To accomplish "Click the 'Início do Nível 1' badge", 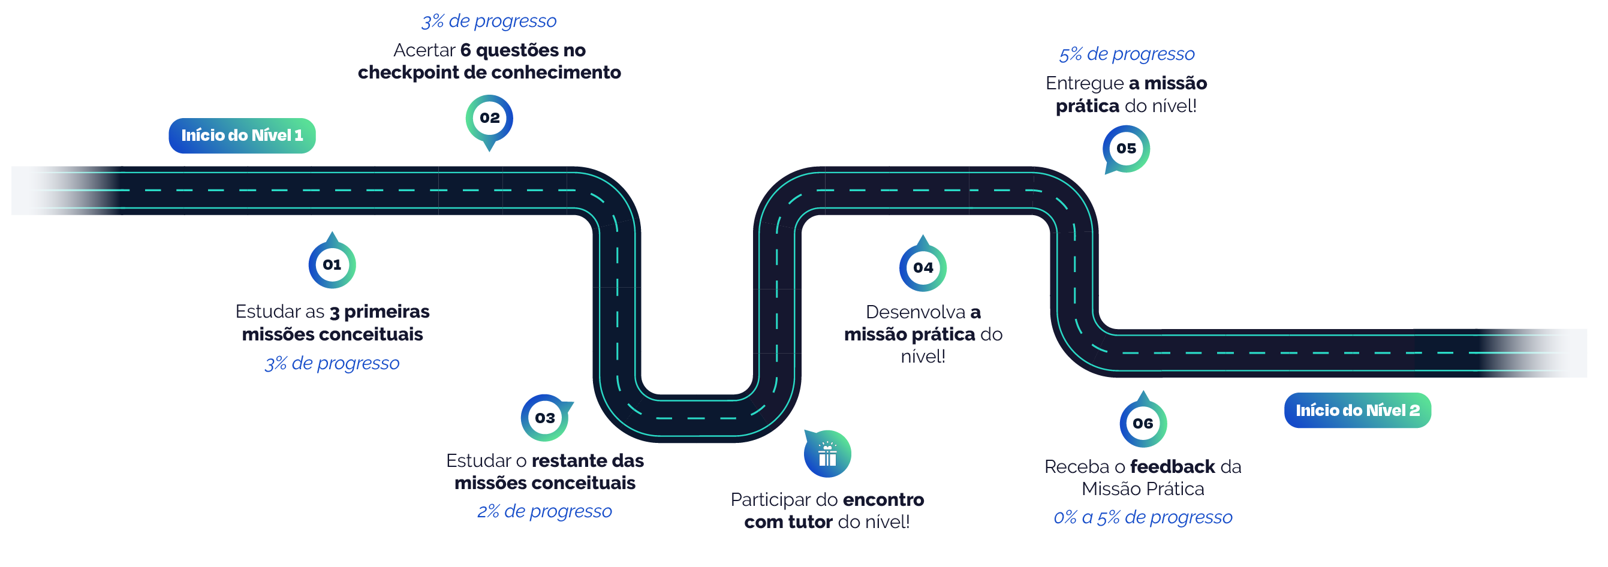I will [242, 135].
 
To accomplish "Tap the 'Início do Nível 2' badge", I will [1357, 410].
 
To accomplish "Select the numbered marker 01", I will [332, 264].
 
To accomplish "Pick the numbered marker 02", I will [489, 118].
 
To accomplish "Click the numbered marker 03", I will [544, 417].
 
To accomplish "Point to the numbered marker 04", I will [923, 267].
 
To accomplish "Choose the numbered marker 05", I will [1126, 149].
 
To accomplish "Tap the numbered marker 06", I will [1142, 423].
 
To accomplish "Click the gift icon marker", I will [827, 454].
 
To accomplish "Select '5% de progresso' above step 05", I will [1126, 55].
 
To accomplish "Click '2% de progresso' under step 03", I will [544, 511].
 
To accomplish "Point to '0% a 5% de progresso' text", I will [1142, 517].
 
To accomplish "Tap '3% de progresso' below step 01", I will [332, 363].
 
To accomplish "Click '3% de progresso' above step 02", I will [489, 21].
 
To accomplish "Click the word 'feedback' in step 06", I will [1172, 466].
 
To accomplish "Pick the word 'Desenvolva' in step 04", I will [915, 312].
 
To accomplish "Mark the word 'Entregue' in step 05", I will [1084, 83].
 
